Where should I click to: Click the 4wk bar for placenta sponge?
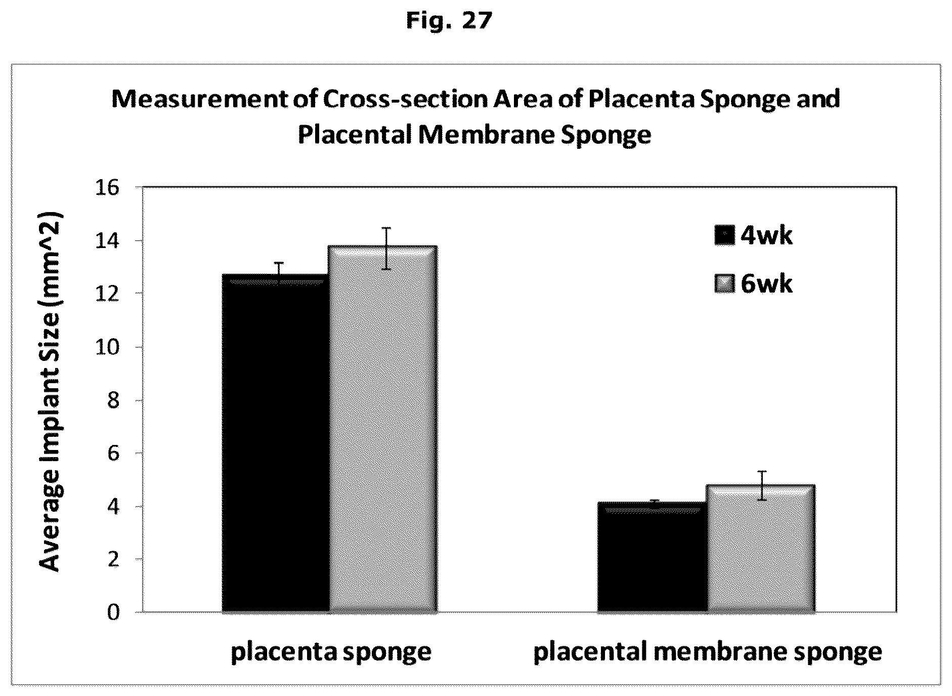[x=276, y=443]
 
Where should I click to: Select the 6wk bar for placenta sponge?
[x=383, y=429]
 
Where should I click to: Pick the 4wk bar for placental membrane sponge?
[x=653, y=557]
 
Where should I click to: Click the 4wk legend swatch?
[x=724, y=235]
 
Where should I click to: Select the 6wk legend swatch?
[x=724, y=283]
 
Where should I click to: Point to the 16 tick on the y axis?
[x=106, y=188]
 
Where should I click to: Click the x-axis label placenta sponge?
[x=331, y=652]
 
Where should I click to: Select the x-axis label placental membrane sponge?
[x=708, y=652]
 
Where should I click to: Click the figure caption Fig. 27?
[x=449, y=21]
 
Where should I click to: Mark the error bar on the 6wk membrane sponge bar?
[x=761, y=485]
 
